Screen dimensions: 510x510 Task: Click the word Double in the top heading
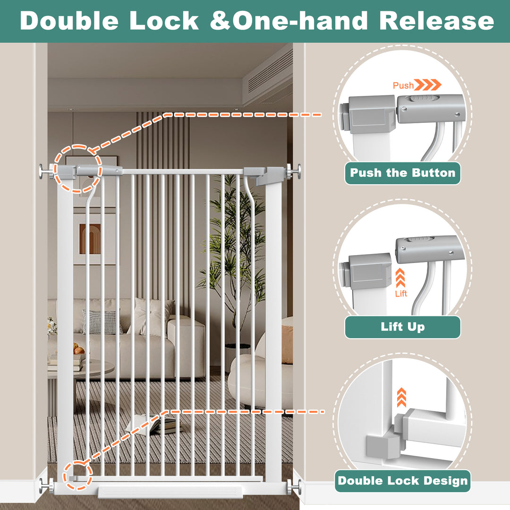click(x=69, y=21)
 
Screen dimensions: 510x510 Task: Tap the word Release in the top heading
click(x=436, y=21)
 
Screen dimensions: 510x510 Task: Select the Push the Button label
click(x=403, y=173)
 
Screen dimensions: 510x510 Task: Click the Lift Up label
click(x=403, y=327)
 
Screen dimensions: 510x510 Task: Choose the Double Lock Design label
click(x=403, y=481)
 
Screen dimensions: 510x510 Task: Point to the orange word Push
click(x=403, y=85)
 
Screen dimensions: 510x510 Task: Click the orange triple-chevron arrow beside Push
click(x=428, y=85)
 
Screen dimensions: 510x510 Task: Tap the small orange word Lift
click(x=401, y=293)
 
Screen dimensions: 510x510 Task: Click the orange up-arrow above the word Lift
click(x=400, y=278)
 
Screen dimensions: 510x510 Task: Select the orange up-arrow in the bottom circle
click(x=402, y=397)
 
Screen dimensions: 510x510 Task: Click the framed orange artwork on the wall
click(x=90, y=239)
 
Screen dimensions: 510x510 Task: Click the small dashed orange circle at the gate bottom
click(x=78, y=475)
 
